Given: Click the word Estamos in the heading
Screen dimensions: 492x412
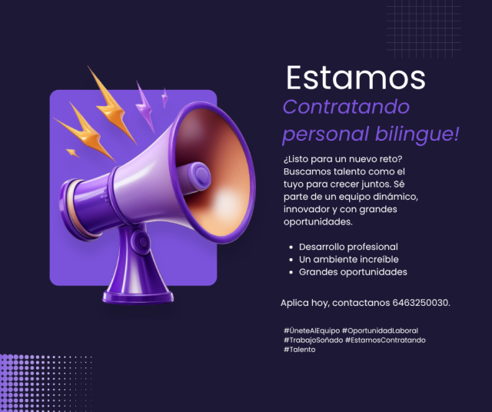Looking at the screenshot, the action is [x=356, y=78].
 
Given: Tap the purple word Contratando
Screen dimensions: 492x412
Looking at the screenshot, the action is [x=346, y=107].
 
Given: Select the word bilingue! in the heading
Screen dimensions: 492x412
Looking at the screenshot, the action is [x=417, y=134].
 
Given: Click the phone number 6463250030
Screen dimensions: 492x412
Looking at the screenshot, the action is [x=421, y=303].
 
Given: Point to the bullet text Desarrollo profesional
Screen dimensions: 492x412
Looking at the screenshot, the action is [x=348, y=247].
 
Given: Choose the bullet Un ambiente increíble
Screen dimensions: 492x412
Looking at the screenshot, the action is [x=348, y=260].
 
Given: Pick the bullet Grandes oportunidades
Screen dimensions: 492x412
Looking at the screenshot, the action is [x=353, y=272].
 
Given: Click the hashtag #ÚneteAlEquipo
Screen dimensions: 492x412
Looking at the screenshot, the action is [x=311, y=331].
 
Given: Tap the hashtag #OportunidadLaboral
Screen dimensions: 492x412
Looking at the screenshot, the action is [x=380, y=331].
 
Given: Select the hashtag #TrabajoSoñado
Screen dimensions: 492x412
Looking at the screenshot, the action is [x=313, y=341].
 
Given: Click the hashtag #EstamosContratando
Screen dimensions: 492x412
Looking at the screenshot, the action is [x=385, y=341].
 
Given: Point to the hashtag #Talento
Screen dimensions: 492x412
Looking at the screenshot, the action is [x=299, y=350].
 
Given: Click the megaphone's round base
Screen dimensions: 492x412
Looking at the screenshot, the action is [x=138, y=297].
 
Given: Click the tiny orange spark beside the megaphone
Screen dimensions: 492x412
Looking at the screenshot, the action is [x=72, y=153].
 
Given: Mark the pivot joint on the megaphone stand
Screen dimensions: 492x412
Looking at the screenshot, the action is [x=141, y=241].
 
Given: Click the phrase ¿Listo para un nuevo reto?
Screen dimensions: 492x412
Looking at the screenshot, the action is [x=343, y=159].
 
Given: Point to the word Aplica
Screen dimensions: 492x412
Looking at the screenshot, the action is [x=294, y=303].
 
